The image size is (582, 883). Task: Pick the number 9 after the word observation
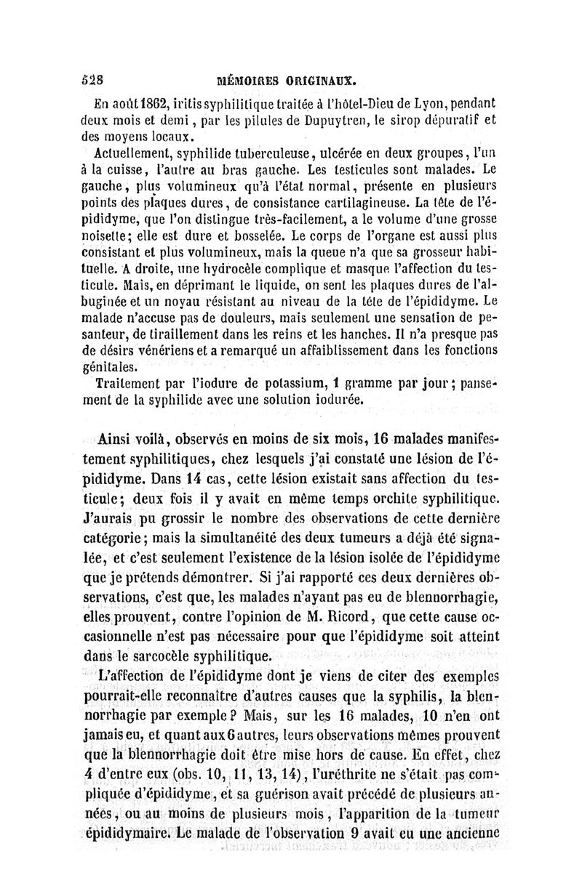click(x=354, y=829)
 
